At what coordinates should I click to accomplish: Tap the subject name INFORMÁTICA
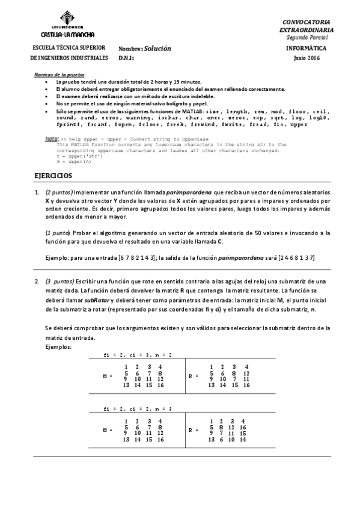point(307,47)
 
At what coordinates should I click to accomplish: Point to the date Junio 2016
point(307,58)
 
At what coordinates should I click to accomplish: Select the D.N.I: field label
point(126,58)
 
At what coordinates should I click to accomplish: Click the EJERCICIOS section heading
point(52,176)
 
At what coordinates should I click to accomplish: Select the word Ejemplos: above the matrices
point(58,348)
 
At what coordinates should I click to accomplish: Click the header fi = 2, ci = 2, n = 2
point(138,355)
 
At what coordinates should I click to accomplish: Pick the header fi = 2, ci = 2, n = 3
point(138,408)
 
